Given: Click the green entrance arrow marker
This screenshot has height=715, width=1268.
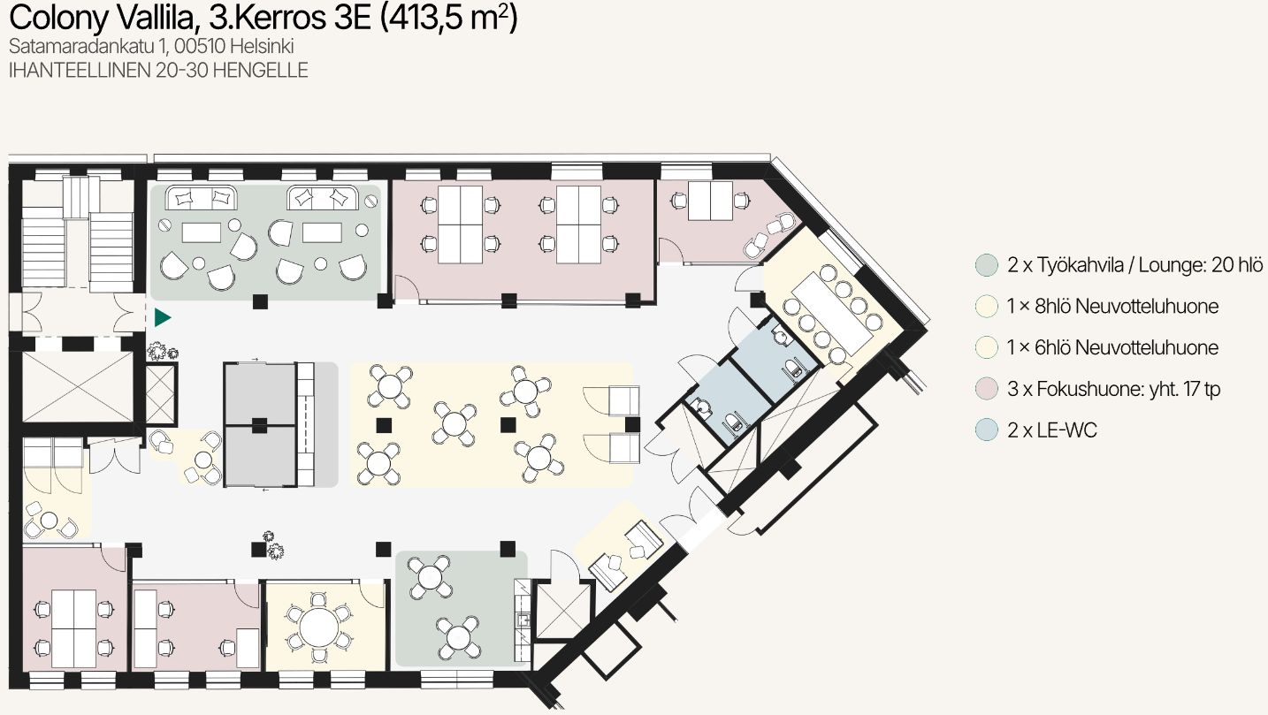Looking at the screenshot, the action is click(162, 317).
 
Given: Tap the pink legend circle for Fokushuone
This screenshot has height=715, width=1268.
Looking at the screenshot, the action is click(987, 389).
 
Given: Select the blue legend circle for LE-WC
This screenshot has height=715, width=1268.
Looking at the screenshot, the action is click(987, 430).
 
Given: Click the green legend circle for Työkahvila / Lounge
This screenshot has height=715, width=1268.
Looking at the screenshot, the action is click(987, 265).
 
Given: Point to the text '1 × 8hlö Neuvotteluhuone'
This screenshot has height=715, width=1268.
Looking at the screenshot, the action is click(1112, 306).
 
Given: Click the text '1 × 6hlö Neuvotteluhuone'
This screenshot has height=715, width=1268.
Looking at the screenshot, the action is click(1112, 347).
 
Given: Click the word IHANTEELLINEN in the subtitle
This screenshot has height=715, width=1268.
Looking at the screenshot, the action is click(80, 70).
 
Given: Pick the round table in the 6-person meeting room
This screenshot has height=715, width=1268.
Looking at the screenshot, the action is click(319, 628).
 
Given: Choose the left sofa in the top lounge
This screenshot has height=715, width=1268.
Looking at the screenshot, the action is click(201, 198).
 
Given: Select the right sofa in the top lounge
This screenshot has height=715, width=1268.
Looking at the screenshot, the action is click(323, 198).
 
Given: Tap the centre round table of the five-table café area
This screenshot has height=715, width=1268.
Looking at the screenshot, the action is click(454, 423).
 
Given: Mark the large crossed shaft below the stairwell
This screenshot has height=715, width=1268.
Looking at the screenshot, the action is click(78, 387).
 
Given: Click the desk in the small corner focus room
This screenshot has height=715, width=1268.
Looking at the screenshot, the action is click(710, 201).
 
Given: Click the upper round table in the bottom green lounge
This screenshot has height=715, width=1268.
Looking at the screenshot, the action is click(430, 577).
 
